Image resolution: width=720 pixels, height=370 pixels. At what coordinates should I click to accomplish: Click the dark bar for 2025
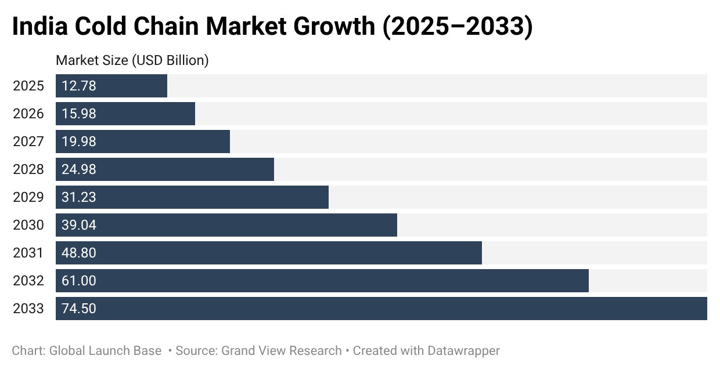(111, 86)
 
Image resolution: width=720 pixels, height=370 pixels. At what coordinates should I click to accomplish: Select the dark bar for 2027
(143, 142)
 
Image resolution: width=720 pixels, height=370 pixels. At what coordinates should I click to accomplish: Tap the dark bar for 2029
(192, 197)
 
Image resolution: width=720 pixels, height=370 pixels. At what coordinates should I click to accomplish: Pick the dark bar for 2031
(269, 253)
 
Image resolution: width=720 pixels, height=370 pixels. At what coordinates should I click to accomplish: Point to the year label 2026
(28, 114)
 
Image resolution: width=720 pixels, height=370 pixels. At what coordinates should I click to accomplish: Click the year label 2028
(28, 169)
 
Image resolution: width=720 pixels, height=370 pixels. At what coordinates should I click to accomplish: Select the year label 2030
(28, 225)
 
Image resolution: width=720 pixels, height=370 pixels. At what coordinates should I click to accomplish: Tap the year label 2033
(28, 309)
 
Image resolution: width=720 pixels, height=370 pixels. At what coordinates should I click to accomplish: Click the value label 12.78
(79, 86)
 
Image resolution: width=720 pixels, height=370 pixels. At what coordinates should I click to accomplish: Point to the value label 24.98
(79, 169)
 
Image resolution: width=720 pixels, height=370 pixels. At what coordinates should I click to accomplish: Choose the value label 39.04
(79, 225)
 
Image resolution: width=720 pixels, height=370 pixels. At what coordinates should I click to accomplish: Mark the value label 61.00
(79, 281)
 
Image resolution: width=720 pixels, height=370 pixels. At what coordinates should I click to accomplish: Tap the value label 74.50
(79, 309)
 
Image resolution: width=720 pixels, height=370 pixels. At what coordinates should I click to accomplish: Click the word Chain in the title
(166, 26)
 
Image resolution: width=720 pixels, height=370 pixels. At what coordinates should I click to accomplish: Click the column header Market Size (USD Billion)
(132, 61)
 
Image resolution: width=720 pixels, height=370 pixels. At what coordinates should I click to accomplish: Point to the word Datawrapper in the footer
(464, 351)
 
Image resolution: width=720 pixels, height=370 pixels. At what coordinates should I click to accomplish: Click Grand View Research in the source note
(282, 351)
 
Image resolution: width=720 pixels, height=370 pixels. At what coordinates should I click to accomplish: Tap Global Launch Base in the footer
(105, 351)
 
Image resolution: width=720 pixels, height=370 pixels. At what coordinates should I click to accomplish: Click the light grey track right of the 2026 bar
(451, 114)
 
